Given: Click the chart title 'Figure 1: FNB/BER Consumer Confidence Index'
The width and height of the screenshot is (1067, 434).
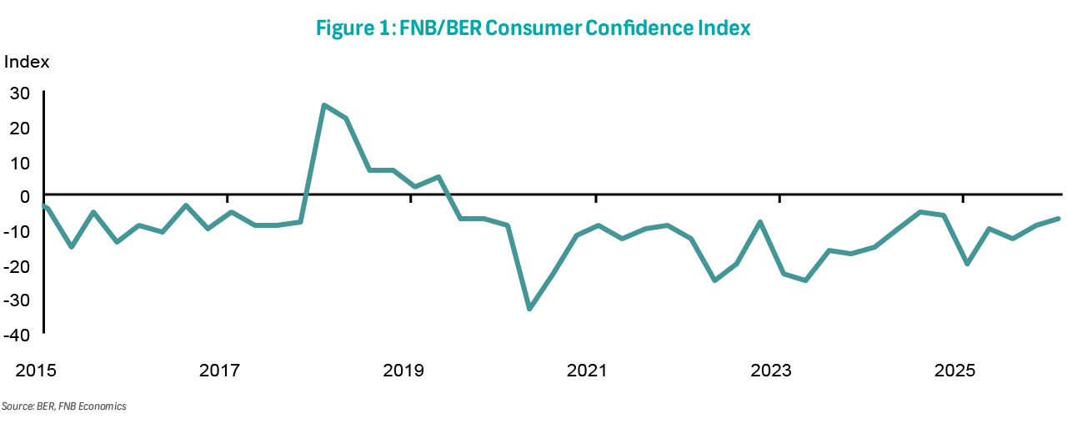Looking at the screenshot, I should point(533,28).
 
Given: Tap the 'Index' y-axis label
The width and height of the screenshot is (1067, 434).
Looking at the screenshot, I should point(27,62).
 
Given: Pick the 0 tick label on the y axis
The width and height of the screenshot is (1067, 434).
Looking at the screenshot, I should point(26,196).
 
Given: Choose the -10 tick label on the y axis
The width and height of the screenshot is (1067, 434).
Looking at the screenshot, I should point(18,231).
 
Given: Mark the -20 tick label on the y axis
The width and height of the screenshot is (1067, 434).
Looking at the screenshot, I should point(18,265).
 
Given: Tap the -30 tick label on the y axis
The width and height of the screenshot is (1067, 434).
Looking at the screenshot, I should point(18,300).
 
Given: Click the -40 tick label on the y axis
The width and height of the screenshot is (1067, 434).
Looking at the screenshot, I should point(18,334).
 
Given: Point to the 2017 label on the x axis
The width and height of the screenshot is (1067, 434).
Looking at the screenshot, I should point(222,370).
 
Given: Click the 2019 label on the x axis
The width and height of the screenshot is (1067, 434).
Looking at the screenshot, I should point(405,370).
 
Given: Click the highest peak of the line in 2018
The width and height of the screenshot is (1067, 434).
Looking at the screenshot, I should point(323,105).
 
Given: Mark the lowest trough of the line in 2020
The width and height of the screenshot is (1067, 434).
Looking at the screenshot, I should point(529,309).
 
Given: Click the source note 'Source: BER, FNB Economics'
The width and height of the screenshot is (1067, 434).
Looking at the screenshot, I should point(64,406).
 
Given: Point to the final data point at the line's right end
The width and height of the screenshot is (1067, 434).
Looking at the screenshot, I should point(1058,219).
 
